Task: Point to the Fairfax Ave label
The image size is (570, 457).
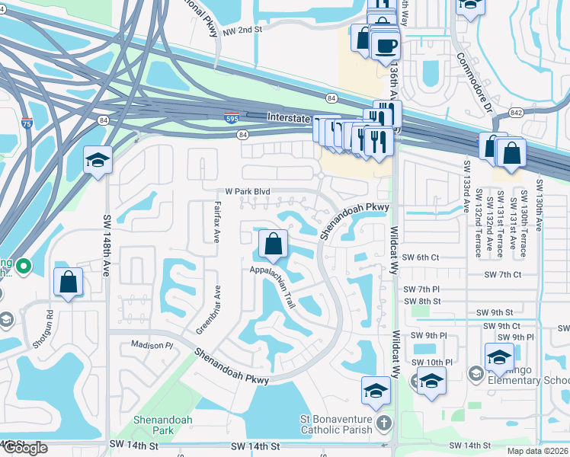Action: pos(217,222)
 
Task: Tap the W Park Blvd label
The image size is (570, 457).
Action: pos(248,193)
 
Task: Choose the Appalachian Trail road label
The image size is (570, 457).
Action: pos(271,286)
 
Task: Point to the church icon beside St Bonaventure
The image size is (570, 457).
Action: pos(385,423)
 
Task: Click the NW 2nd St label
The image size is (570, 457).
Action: pos(242,29)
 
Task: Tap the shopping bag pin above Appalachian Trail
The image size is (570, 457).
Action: pos(273,244)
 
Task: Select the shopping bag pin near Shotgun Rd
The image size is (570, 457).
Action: pos(69,282)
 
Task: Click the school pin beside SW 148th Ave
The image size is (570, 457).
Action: pos(98,160)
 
